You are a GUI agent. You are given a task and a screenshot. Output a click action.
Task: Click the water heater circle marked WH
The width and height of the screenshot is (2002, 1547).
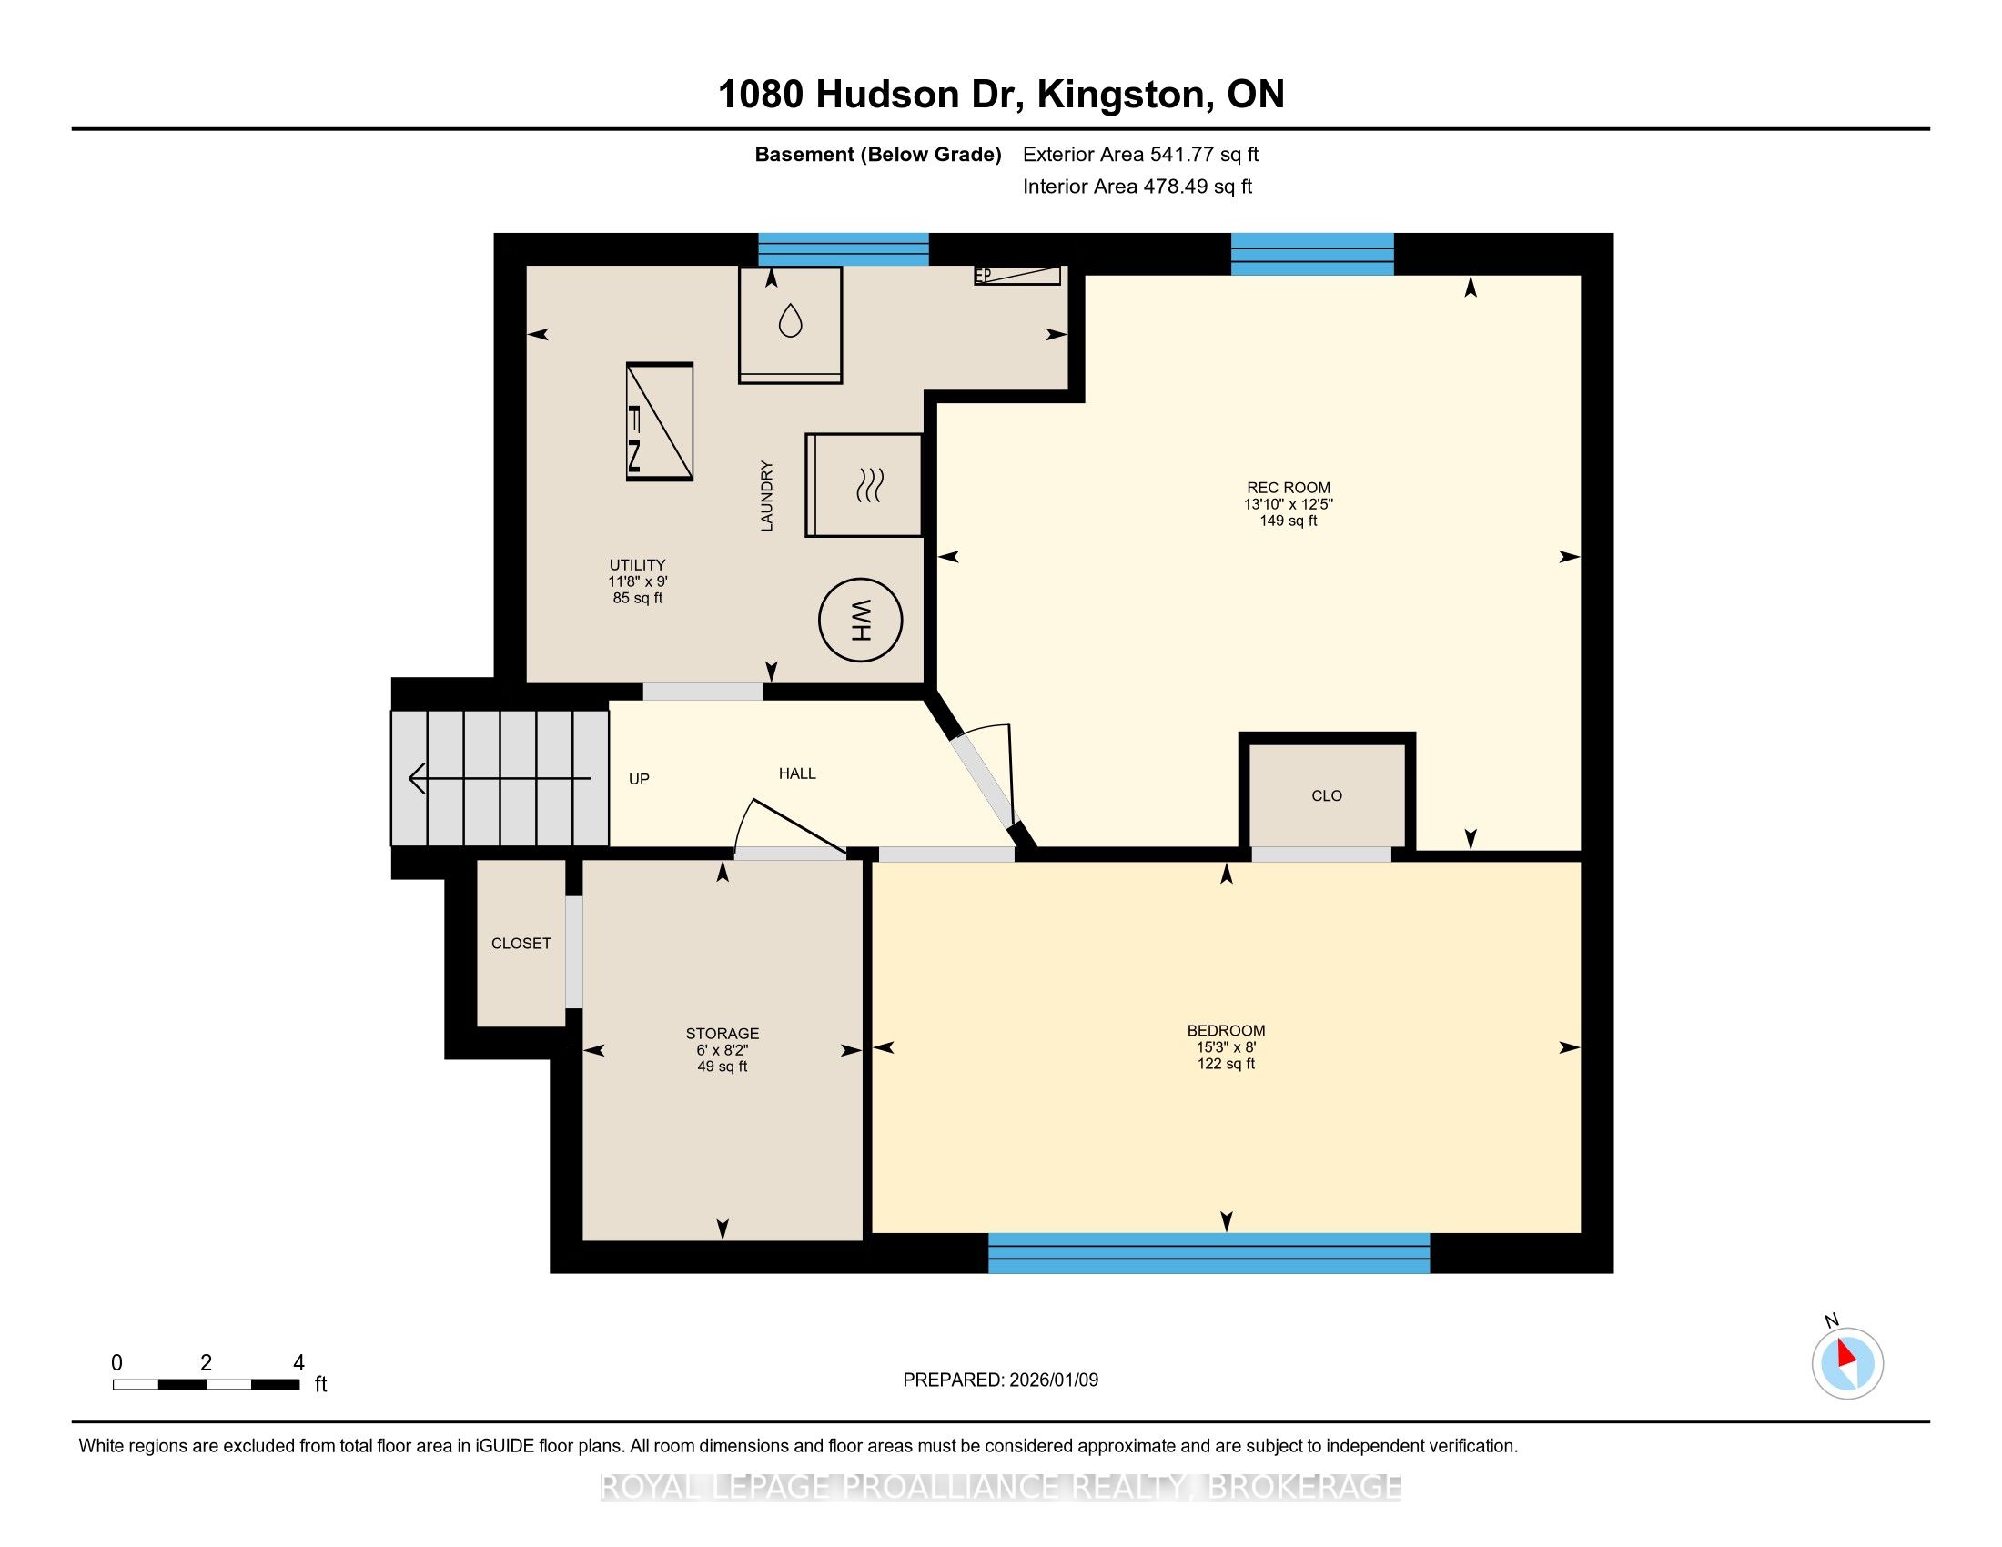(860, 621)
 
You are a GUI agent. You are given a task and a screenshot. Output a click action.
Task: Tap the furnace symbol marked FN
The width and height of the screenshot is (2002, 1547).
(659, 421)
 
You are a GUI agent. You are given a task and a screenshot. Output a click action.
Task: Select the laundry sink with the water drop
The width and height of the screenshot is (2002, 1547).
(790, 325)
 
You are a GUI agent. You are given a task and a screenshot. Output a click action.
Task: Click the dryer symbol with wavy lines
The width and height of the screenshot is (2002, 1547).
(864, 485)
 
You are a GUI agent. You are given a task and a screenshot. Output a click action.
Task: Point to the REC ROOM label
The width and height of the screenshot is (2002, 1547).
(1288, 488)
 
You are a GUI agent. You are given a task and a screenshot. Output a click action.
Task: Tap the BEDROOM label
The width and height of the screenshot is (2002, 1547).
(1226, 1030)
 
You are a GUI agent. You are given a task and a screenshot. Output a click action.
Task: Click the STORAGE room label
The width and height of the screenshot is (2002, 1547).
(723, 1033)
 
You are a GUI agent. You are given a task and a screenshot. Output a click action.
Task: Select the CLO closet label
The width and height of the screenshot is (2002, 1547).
(1327, 795)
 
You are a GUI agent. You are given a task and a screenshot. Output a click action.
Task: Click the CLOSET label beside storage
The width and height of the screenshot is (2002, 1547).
(521, 943)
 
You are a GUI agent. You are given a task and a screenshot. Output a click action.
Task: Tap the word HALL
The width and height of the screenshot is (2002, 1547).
(796, 773)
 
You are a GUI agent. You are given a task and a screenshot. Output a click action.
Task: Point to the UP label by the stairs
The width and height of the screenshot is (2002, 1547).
(639, 779)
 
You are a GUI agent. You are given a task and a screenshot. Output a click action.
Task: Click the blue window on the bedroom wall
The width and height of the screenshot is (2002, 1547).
(1208, 1253)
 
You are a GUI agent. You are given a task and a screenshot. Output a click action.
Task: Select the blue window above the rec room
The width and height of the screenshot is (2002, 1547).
(1311, 254)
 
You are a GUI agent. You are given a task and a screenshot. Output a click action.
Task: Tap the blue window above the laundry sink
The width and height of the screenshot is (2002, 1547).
(844, 249)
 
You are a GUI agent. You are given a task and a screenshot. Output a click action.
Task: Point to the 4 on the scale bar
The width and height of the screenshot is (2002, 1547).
(298, 1363)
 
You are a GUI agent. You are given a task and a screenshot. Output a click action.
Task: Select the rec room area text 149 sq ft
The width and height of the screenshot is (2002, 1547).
(1288, 521)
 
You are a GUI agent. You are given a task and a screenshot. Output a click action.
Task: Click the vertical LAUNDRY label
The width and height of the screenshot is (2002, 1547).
(766, 496)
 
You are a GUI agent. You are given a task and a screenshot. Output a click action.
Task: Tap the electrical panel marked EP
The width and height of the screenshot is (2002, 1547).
(1017, 275)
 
